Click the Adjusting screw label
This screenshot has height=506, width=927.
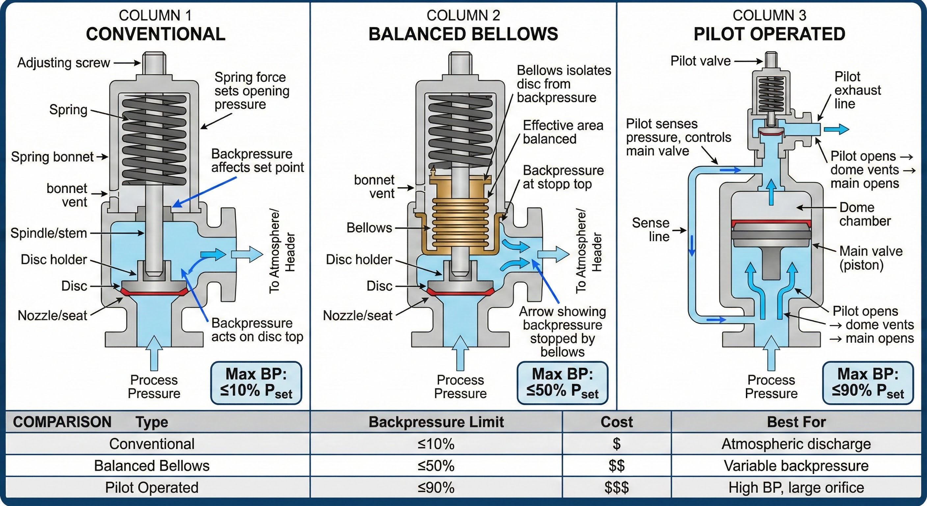coord(63,63)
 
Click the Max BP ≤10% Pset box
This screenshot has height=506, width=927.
coord(256,383)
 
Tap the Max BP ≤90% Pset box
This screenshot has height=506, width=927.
coord(868,383)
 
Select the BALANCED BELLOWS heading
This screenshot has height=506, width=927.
coord(463,34)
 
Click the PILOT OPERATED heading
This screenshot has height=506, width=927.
coord(769,34)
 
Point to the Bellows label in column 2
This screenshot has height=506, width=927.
coord(369,228)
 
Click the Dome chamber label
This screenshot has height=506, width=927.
coord(865,214)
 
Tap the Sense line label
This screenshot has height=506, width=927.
coord(650,229)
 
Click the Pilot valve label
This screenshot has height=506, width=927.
coord(700,61)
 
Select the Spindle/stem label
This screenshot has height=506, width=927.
coord(49,233)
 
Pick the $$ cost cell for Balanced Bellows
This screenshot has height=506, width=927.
coord(617,466)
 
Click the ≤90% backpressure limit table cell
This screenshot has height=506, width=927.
coord(436,488)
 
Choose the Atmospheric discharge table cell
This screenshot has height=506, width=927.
coord(796,444)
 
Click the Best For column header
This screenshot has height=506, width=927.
coord(796,422)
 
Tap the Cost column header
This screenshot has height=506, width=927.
coord(617,422)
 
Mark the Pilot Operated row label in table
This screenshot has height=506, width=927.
coord(151,488)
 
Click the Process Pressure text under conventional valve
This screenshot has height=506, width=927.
coord(154,386)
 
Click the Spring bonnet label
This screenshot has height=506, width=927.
coord(52,157)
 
